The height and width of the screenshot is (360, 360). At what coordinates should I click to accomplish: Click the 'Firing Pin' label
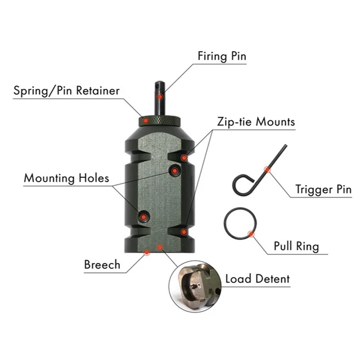click(222, 56)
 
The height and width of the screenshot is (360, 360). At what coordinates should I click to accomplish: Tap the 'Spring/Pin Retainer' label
click(66, 90)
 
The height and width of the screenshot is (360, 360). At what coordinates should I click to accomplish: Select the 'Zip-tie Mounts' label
click(256, 121)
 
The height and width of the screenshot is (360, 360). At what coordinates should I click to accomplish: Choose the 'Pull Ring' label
click(296, 246)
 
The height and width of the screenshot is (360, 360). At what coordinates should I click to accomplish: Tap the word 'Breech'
click(102, 264)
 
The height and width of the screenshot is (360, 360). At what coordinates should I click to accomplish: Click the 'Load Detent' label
click(258, 278)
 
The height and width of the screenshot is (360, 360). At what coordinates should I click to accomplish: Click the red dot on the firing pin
click(160, 97)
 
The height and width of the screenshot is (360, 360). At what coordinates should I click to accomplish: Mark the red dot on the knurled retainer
click(145, 120)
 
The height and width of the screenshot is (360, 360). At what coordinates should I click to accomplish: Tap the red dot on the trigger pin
click(267, 169)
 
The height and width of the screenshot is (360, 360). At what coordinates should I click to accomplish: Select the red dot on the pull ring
click(251, 233)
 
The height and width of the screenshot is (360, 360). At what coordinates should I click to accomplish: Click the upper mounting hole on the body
click(175, 169)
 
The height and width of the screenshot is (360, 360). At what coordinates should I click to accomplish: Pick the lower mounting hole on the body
click(143, 215)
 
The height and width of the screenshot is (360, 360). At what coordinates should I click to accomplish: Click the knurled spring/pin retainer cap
click(160, 120)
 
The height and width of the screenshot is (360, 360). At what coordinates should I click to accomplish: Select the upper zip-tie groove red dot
click(183, 157)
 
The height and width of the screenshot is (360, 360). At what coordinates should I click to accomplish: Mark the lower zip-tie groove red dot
click(183, 231)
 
